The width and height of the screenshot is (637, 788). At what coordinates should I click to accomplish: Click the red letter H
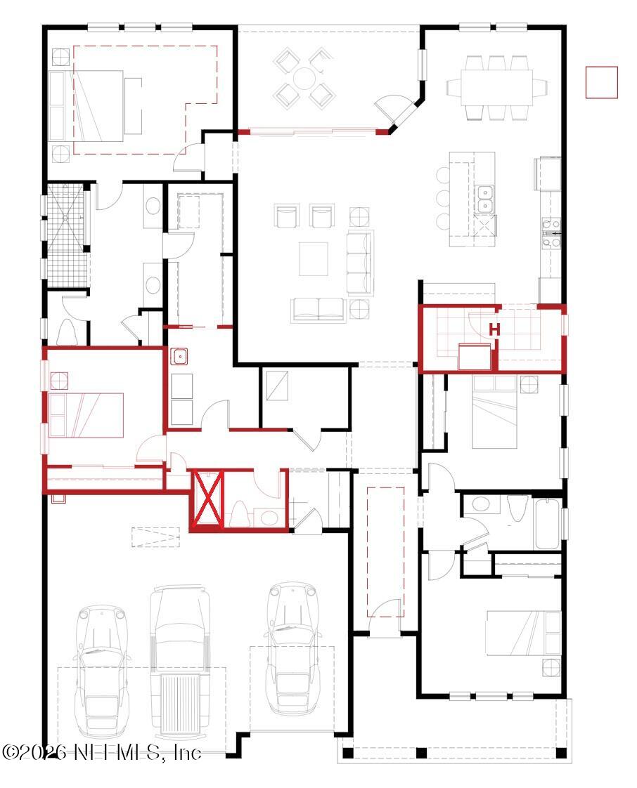pyautogui.click(x=494, y=329)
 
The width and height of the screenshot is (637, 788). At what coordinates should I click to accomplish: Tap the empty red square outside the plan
pyautogui.click(x=601, y=82)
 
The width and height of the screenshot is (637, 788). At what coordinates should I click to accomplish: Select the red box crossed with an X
pyautogui.click(x=208, y=499)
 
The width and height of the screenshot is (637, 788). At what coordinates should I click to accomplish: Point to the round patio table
pyautogui.click(x=304, y=78)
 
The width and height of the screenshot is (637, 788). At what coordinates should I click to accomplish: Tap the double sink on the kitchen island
pyautogui.click(x=484, y=198)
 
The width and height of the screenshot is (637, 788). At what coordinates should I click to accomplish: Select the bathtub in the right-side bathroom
pyautogui.click(x=548, y=523)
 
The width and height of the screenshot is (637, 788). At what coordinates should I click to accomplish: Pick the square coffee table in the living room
pyautogui.click(x=314, y=259)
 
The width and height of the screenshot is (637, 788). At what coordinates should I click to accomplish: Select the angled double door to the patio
pyautogui.click(x=394, y=109)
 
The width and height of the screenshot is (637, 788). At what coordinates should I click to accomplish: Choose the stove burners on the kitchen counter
pyautogui.click(x=552, y=233)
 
